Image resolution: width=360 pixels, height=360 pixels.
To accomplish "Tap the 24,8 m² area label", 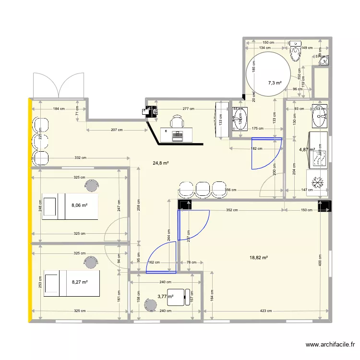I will tap(160, 163).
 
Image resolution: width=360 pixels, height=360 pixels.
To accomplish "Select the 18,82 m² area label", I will tap(258, 258).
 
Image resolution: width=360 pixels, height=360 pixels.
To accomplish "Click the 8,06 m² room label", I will tap(79, 205).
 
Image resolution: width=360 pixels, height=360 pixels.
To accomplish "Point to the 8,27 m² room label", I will tap(79, 282).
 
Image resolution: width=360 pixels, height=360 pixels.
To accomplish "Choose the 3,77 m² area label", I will tap(165, 296).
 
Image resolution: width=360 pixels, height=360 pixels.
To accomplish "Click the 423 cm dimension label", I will tap(267, 311).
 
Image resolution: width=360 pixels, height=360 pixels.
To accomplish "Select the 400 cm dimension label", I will tap(320, 262).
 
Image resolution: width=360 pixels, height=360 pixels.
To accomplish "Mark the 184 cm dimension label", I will tap(59, 109).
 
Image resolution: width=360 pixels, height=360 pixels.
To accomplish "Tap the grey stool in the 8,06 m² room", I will tap(91, 184).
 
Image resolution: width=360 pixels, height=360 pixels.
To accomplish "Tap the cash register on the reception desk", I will tap(177, 135).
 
